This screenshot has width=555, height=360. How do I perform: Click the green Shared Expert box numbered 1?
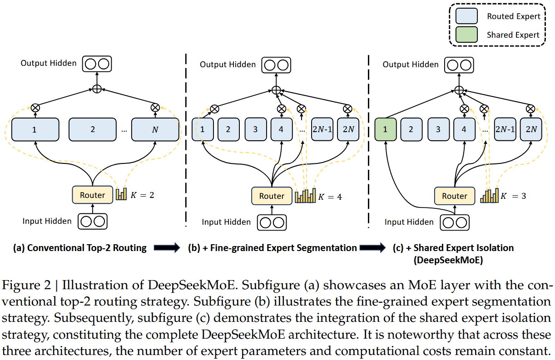385,129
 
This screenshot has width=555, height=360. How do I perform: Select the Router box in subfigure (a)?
92,195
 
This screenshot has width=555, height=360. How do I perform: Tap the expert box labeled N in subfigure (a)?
155,129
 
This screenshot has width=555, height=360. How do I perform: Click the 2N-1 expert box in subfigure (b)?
322,129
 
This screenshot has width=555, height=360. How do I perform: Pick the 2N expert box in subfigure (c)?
531,129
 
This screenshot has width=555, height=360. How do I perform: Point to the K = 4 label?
330,197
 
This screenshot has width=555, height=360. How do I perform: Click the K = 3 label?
513,196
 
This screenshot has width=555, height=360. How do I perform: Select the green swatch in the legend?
466,35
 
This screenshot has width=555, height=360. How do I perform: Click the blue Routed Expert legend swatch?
466,16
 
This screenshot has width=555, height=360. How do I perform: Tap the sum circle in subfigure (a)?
97,89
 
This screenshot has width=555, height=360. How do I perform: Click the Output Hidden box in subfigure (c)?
459,65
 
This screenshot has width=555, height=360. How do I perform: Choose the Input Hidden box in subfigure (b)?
272,222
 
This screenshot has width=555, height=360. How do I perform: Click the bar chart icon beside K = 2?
121,194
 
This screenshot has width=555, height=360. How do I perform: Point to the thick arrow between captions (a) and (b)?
167,247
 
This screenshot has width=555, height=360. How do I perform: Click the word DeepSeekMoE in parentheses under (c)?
448,260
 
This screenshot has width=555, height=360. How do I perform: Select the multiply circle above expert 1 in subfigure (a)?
35,108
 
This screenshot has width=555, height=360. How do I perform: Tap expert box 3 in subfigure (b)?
255,129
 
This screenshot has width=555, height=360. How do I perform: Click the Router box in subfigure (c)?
455,196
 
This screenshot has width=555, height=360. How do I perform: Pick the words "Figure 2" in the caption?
26,286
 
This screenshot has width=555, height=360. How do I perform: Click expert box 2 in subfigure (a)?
92,129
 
